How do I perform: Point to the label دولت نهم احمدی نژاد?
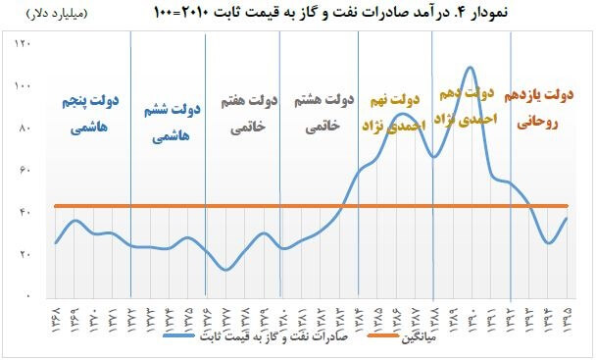[393, 114]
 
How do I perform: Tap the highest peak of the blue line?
[471, 67]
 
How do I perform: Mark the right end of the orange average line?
[567, 205]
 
